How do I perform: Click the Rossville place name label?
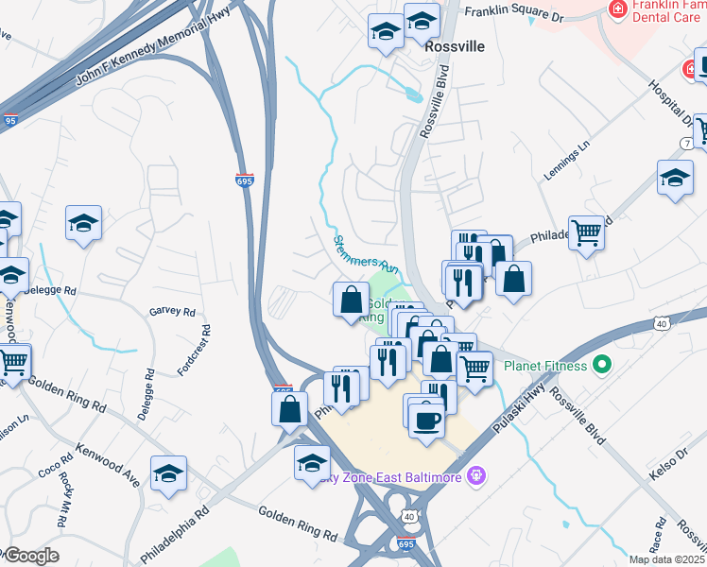pyautogui.click(x=455, y=46)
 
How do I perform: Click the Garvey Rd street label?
pyautogui.click(x=172, y=312)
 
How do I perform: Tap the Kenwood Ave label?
pyautogui.click(x=108, y=465)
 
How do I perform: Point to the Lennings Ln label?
pyautogui.click(x=566, y=162)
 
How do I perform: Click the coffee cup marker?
pyautogui.click(x=426, y=420)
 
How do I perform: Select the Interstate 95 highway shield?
pyautogui.click(x=9, y=121)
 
